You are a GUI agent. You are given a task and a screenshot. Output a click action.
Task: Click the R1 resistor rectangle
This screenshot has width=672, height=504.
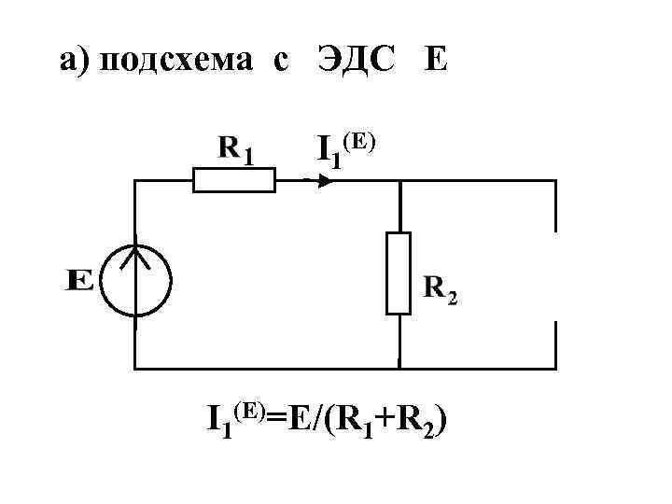click(234, 180)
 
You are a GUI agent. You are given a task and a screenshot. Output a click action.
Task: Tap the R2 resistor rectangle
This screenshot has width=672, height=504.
click(399, 273)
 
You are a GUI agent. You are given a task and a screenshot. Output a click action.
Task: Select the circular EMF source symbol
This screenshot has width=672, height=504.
click(136, 279)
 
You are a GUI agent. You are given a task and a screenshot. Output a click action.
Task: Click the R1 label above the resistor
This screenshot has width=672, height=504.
click(236, 148)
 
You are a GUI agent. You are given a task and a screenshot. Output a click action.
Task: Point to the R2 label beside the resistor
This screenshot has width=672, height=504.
click(441, 290)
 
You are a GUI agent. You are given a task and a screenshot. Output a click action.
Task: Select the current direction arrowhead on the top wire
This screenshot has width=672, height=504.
click(324, 180)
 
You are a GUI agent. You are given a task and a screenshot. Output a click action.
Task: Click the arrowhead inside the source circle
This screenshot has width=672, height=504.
click(136, 254)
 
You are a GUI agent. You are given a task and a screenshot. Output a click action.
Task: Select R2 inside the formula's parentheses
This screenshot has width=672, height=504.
click(414, 423)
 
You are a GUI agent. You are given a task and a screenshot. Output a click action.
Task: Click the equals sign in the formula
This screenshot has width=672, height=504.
click(279, 421)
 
